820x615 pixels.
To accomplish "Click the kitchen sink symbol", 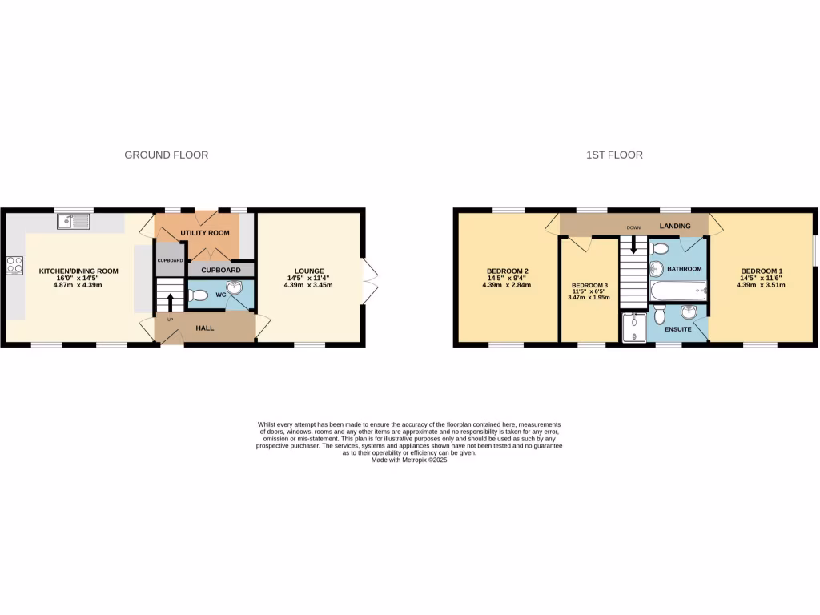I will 74,222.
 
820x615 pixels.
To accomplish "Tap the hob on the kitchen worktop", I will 14,265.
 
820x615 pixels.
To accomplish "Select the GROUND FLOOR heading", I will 166,155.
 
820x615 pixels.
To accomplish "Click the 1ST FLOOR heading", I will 614,155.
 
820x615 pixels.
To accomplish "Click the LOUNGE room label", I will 308,271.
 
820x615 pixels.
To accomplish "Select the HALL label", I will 205,328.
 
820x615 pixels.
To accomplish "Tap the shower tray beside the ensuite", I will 635,327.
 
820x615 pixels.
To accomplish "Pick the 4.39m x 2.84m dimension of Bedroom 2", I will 508,285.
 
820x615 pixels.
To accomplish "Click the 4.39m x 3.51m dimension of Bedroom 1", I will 762,285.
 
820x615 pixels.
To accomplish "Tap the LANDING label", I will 675,227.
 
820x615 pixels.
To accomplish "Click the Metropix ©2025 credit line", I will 409,460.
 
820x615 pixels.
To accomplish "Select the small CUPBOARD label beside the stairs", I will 170,261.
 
